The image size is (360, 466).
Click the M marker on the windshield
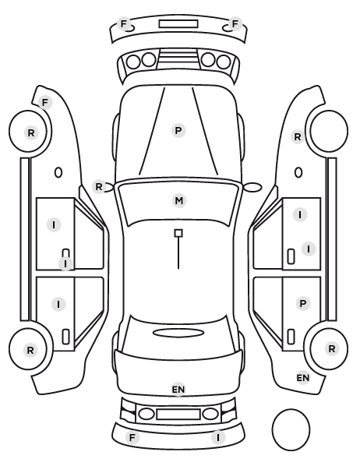coord(179,201)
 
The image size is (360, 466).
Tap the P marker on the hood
coord(178,130)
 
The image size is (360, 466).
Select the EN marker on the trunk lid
coord(178,390)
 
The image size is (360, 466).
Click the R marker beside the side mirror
coord(99,187)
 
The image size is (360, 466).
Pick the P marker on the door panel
coord(303,304)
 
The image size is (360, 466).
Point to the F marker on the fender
coord(45,103)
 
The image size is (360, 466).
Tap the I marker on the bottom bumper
coord(218,437)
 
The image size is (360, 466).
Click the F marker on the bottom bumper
coord(132,437)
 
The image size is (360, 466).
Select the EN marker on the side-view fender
coord(303,378)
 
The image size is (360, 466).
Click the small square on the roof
coord(178,233)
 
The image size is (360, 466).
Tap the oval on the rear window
coord(178,334)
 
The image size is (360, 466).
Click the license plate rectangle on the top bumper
coord(178,24)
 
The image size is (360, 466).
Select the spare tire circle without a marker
coord(291,429)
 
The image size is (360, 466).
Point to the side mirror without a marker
coord(252,187)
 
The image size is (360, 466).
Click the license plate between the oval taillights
coord(178,415)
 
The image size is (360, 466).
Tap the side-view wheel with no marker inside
coord(329,131)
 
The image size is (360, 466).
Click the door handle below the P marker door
coord(291,337)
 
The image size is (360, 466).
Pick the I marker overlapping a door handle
coord(65,263)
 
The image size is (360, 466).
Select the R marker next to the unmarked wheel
coord(298,136)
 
